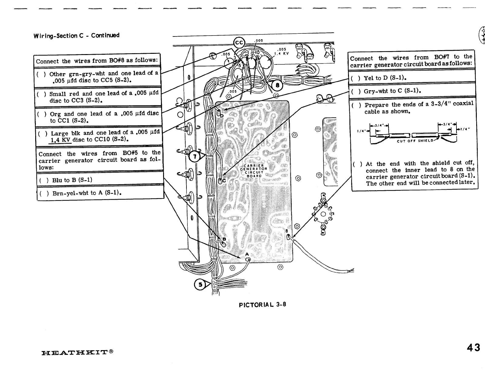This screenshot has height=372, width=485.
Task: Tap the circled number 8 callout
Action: click(277, 85)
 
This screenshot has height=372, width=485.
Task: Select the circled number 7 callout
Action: click(195, 157)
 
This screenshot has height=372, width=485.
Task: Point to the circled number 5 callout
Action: click(200, 284)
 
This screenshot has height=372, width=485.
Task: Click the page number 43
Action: click(473, 347)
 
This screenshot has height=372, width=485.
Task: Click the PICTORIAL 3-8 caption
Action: click(262, 304)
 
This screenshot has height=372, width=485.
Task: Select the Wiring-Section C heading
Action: click(76, 36)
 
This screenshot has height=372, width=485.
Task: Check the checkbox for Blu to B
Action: click(44, 180)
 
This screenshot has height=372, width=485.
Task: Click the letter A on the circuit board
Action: click(247, 254)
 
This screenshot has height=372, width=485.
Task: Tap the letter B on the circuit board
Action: click(224, 239)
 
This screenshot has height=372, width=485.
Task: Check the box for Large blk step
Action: click(43, 133)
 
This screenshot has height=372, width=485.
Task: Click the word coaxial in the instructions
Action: click(463, 103)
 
